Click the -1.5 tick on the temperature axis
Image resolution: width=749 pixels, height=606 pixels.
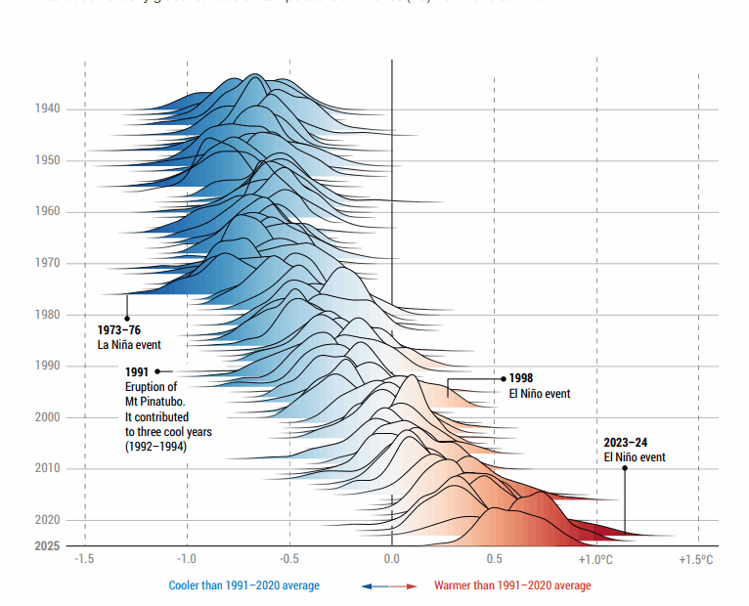(x=85, y=559)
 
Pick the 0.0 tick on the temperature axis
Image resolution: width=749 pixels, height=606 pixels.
(x=391, y=559)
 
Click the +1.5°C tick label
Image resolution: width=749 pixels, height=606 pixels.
(x=697, y=559)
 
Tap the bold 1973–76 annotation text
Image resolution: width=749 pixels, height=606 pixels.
(x=118, y=330)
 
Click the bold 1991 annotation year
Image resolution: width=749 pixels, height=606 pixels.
(x=137, y=371)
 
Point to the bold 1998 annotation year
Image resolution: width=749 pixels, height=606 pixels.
(x=521, y=378)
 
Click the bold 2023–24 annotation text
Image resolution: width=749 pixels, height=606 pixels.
(x=626, y=442)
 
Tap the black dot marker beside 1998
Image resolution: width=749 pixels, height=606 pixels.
(x=504, y=378)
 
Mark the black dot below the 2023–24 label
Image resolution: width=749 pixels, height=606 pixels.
(x=625, y=468)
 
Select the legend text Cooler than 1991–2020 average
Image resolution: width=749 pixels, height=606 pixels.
(x=244, y=585)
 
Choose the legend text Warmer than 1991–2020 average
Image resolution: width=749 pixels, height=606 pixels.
(x=512, y=585)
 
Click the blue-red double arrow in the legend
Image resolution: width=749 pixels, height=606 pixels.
(x=389, y=585)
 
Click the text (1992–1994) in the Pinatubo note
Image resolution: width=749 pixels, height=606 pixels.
(x=155, y=446)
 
